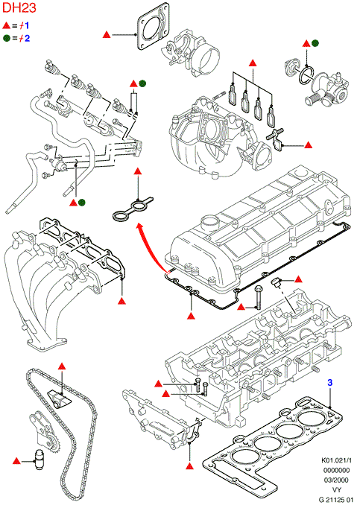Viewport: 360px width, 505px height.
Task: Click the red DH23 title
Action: pyautogui.click(x=19, y=7)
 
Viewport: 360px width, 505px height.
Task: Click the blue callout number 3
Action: pyautogui.click(x=329, y=383)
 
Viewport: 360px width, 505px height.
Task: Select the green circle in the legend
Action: pyautogui.click(x=7, y=38)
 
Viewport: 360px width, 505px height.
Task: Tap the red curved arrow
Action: pyautogui.click(x=151, y=245)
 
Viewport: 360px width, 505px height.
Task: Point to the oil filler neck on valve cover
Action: pyautogui.click(x=209, y=223)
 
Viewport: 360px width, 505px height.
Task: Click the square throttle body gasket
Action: pyautogui.click(x=153, y=26)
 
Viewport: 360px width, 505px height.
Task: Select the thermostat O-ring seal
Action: pyautogui.click(x=306, y=75)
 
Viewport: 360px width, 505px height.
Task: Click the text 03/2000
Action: pyautogui.click(x=336, y=480)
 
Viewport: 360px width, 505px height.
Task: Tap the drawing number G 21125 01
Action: pyautogui.click(x=335, y=500)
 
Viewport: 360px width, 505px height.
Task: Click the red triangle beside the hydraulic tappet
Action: pyautogui.click(x=16, y=461)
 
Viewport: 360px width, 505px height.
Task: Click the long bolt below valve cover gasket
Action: pyautogui.click(x=259, y=297)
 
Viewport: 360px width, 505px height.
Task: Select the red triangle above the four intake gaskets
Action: pyautogui.click(x=253, y=63)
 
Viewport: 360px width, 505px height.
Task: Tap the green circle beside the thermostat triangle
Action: pyautogui.click(x=315, y=43)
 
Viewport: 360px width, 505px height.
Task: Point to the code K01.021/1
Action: pyautogui.click(x=336, y=460)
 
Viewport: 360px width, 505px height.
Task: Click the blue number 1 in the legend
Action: pyautogui.click(x=26, y=25)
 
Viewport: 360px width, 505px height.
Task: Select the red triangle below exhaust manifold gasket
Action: pyautogui.click(x=121, y=301)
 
